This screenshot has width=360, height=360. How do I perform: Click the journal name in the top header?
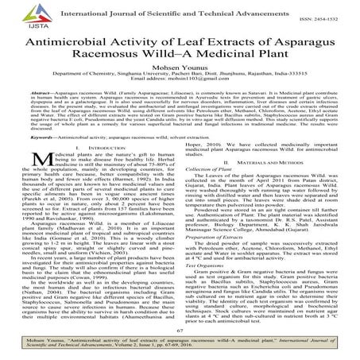pyautogui.click(x=188, y=10)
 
